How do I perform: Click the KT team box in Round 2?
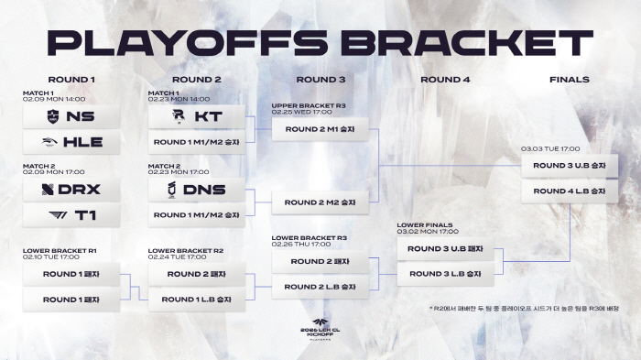pos(197,116)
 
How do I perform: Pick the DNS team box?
pos(197,190)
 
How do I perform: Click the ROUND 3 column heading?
pos(320,80)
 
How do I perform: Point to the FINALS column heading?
pos(569,80)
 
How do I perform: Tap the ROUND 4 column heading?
pos(445,80)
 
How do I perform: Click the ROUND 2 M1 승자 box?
pos(320,129)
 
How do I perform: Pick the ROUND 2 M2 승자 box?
pos(320,202)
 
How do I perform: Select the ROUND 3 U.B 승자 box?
pos(569,166)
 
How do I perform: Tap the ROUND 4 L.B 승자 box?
pos(569,191)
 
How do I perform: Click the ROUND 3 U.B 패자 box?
pos(445,249)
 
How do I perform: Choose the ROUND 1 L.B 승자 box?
pos(197,299)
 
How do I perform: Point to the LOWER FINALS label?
pos(424,224)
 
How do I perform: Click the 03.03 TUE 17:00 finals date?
pos(549,147)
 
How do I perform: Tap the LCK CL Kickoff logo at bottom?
pos(320,331)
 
